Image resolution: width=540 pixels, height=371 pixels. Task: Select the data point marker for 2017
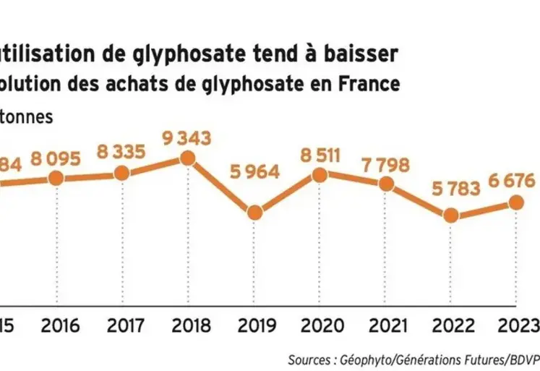(122, 174)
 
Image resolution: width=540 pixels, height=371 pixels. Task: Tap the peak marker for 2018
(188, 158)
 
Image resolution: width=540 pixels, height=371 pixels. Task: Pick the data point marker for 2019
(254, 213)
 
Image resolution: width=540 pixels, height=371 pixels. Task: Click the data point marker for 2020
(320, 174)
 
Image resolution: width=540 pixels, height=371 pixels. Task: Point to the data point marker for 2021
(386, 184)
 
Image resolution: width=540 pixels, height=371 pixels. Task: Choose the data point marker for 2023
(517, 203)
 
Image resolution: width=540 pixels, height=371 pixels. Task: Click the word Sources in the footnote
(310, 359)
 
